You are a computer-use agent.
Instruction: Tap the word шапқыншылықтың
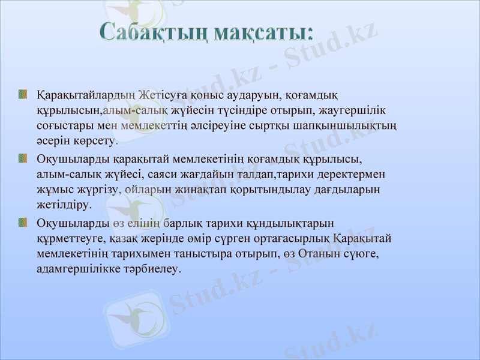[353, 127]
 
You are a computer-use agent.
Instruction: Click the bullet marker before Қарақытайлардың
[23, 94]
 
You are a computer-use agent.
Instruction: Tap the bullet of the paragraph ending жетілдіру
[23, 158]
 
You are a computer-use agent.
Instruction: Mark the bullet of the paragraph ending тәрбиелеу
[23, 223]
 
